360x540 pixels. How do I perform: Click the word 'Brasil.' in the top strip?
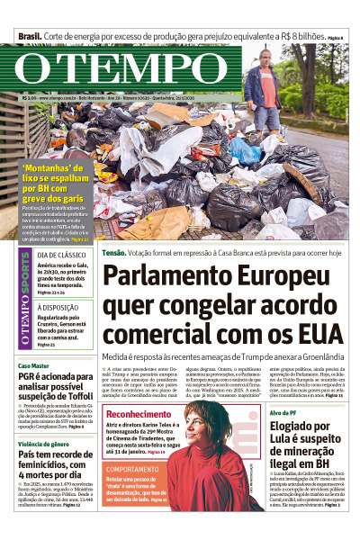click(28, 36)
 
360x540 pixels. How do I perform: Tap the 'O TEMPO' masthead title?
click(126, 71)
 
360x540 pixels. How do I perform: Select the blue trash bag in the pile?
click(244, 149)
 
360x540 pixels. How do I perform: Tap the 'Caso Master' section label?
click(33, 366)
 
